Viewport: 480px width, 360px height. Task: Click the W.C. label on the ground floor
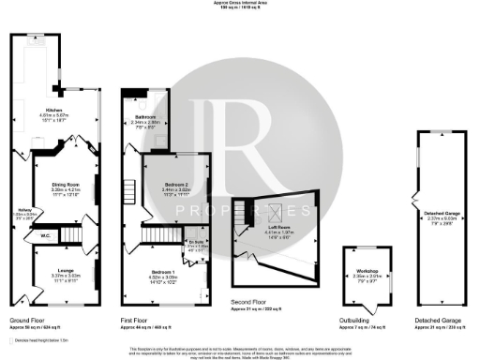tap(45, 236)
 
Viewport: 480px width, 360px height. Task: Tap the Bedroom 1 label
tap(163, 247)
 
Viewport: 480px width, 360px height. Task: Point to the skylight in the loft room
tap(277, 211)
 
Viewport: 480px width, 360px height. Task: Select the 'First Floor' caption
tap(136, 319)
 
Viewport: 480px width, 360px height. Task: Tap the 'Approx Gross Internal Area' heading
tap(240, 3)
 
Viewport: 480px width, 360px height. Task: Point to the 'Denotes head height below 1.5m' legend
tap(36, 340)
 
